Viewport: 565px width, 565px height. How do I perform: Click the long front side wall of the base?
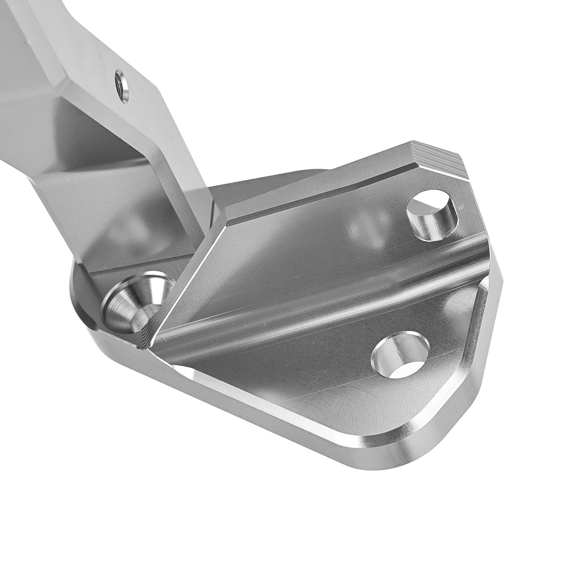pyautogui.click(x=221, y=411)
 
